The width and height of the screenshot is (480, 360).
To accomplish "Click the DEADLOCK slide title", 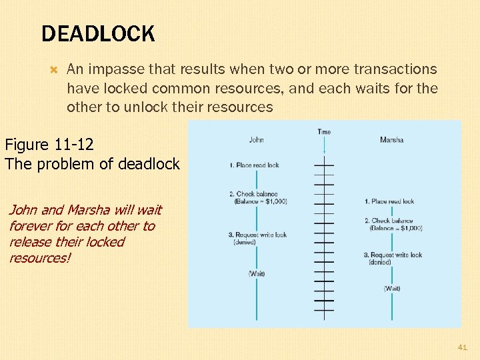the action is tap(98, 33).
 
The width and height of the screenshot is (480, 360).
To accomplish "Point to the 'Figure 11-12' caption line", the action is tap(49, 144).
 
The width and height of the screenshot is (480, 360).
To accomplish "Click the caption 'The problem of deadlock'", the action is tap(92, 164).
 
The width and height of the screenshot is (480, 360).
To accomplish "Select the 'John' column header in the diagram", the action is tap(256, 140).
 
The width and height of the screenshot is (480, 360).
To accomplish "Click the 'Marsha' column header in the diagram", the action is tap(391, 140).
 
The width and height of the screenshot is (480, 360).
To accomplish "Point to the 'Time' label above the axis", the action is tap(324, 132).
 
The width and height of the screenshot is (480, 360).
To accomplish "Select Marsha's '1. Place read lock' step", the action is tap(389, 201).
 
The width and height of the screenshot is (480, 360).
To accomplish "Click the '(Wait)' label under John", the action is tap(256, 273).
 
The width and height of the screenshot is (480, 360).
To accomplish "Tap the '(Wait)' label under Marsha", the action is tap(392, 289).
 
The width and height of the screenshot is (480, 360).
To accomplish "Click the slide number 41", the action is tap(463, 347).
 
